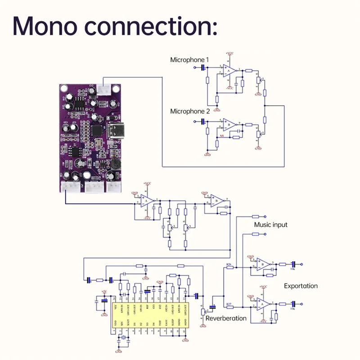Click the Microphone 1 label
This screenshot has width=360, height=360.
point(189,59)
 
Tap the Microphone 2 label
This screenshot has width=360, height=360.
point(189,111)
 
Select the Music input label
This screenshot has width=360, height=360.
point(270,225)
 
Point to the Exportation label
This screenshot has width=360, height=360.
point(301,286)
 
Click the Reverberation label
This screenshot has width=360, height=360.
point(226,318)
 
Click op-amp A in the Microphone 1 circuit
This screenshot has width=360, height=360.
point(229,71)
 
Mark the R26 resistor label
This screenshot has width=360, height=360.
point(229,264)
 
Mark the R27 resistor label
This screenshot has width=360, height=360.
point(229,304)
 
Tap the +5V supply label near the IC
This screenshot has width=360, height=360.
point(104,292)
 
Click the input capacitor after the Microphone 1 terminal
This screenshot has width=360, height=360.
point(203,67)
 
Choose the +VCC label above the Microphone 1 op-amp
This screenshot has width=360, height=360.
point(230,54)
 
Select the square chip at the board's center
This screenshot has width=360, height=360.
point(97,131)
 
